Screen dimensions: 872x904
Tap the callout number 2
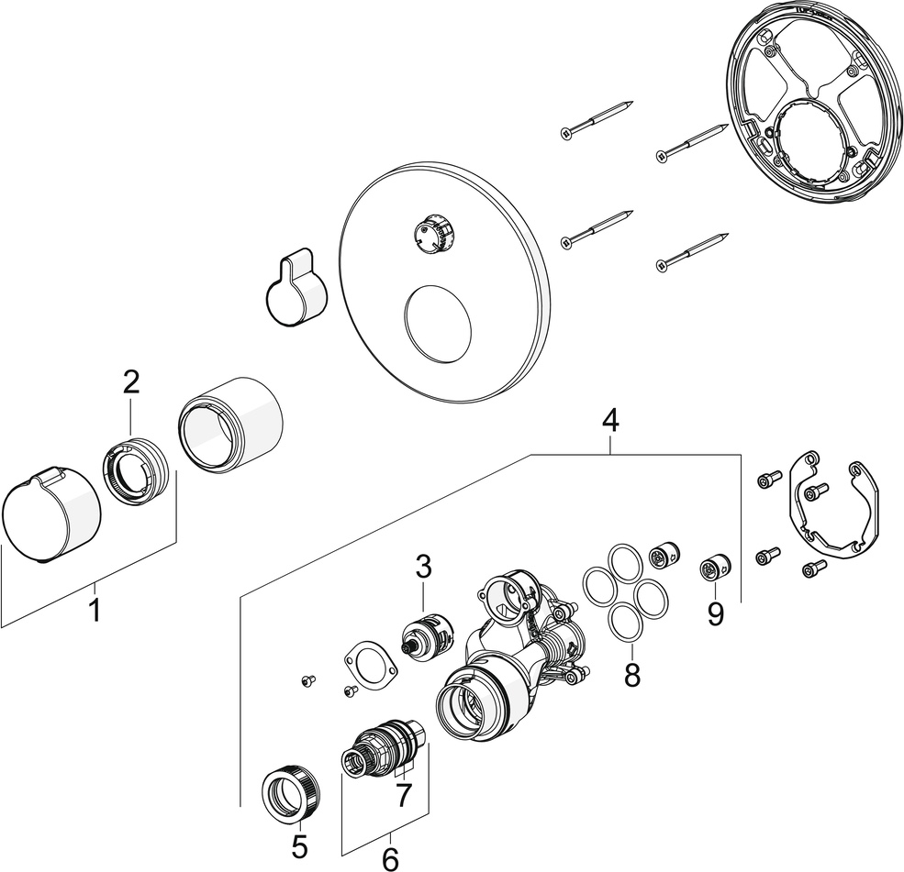tap(130, 383)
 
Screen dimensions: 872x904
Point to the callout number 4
tap(609, 421)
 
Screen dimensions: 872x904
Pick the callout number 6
tap(390, 859)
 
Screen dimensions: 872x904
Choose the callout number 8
tap(631, 675)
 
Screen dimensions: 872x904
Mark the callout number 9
tap(715, 613)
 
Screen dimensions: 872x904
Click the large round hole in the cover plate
tap(439, 326)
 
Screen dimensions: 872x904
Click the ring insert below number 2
tap(135, 469)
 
